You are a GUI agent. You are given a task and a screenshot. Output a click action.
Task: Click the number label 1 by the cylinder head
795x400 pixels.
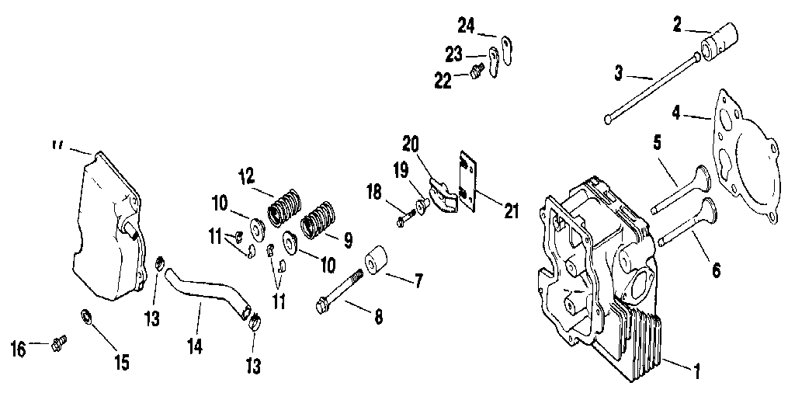click(x=696, y=373)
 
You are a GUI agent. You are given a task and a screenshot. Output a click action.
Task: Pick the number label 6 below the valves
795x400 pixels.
click(x=716, y=270)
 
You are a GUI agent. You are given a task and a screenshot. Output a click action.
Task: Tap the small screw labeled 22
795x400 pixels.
click(x=477, y=73)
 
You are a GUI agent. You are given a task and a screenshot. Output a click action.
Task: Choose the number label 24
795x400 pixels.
click(x=466, y=26)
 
